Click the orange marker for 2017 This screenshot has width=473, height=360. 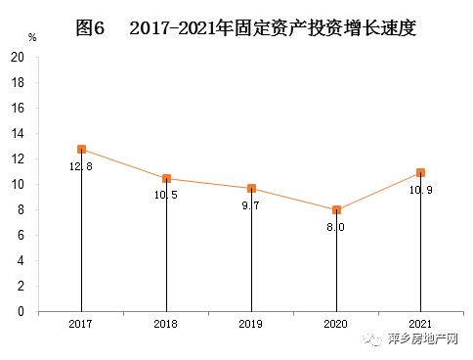click(x=82, y=150)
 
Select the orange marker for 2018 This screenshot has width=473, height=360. click(x=167, y=179)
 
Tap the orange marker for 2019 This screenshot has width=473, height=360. click(x=251, y=189)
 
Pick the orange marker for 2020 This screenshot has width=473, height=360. click(x=336, y=210)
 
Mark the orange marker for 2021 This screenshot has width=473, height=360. click(x=420, y=173)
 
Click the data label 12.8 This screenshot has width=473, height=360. click(x=80, y=166)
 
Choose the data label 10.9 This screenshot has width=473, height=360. click(x=421, y=189)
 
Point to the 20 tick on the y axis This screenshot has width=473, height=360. click(x=18, y=57)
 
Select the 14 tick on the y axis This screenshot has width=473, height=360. click(x=18, y=133)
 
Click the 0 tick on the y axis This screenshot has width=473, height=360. click(x=21, y=311)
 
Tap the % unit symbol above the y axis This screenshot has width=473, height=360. click(x=32, y=37)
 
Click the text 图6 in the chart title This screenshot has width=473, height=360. click(x=91, y=28)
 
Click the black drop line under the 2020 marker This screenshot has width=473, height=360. click(x=336, y=264)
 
